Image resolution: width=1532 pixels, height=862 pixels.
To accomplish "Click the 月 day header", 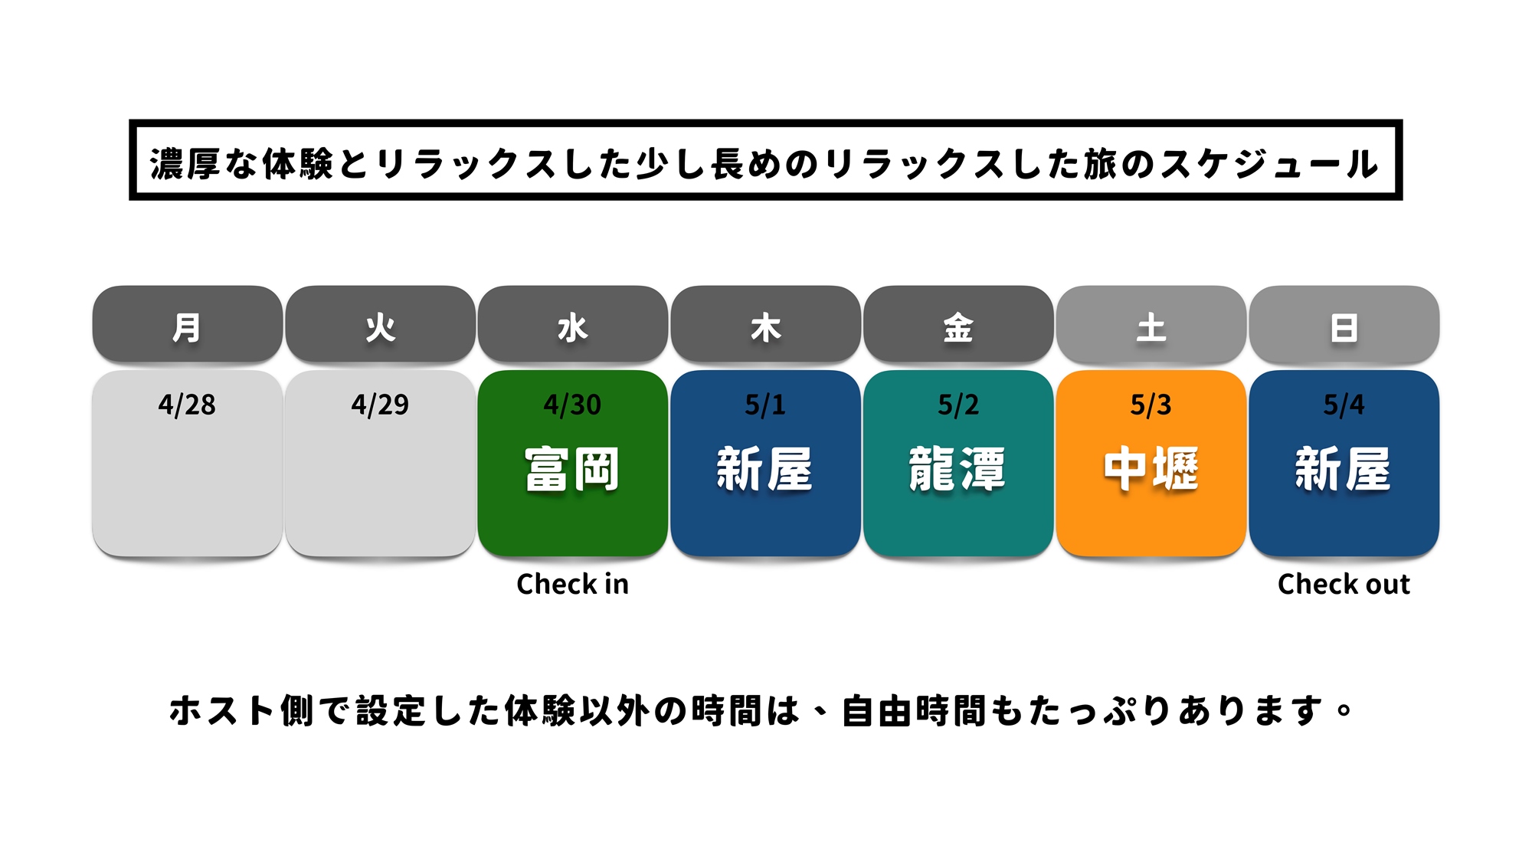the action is click(x=187, y=324).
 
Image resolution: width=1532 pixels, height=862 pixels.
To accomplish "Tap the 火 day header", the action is click(x=380, y=324).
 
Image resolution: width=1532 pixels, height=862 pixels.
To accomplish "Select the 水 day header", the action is click(x=573, y=324).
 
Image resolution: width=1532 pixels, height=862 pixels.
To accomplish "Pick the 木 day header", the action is click(x=765, y=324).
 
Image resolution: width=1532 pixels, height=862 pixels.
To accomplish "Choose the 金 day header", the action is click(x=958, y=324).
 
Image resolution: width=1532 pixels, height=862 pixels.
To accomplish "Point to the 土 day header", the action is click(x=1151, y=324).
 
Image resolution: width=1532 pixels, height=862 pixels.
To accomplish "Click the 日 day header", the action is click(x=1344, y=324).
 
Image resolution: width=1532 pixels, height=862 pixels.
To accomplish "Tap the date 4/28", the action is click(x=187, y=405).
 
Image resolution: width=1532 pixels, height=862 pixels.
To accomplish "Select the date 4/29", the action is click(x=380, y=405).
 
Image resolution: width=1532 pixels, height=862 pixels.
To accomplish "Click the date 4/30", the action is click(x=573, y=405).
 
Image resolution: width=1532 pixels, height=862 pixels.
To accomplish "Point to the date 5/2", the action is click(x=958, y=405).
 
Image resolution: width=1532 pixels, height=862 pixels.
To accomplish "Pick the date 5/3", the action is click(x=1151, y=405).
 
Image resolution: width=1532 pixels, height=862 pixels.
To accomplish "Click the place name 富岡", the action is click(x=573, y=469).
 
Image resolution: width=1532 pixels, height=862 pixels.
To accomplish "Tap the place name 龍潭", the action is click(x=958, y=469).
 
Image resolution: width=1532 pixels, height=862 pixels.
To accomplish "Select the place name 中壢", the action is click(x=1151, y=469).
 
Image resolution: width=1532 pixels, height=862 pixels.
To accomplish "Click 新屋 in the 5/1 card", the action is click(x=765, y=469).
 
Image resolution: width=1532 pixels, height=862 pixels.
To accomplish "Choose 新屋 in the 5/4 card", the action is click(x=1344, y=469).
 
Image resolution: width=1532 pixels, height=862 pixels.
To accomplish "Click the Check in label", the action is click(x=573, y=584).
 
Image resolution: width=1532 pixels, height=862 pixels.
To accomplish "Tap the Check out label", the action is click(x=1344, y=584).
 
